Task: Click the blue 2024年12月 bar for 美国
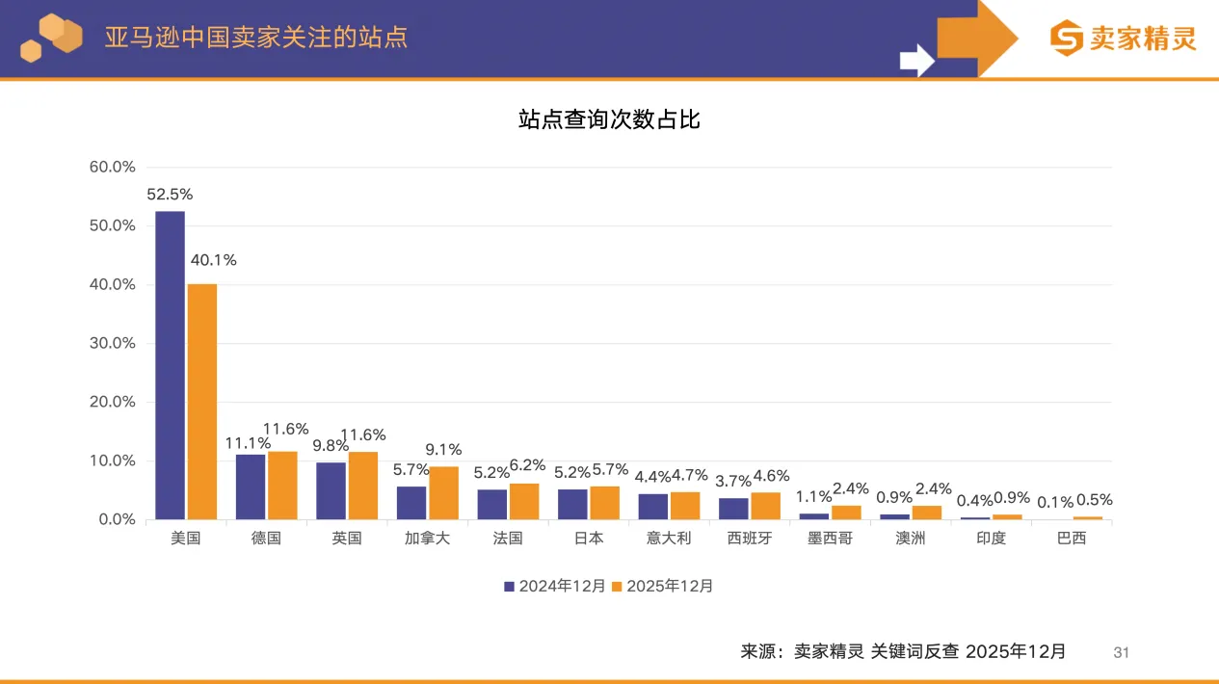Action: (170, 365)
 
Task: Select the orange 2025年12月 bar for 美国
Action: (202, 402)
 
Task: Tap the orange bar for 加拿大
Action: (444, 493)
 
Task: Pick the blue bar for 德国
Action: (251, 487)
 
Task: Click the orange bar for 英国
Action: (363, 486)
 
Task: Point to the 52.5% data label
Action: (170, 195)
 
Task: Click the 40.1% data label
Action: (213, 260)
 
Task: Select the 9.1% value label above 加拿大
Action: (444, 449)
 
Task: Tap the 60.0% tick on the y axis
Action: (112, 167)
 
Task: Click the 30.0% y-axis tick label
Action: (112, 343)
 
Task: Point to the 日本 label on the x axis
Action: (588, 539)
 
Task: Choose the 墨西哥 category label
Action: (830, 539)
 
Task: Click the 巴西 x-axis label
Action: (1072, 539)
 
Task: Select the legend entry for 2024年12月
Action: (555, 586)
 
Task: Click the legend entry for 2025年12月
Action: (663, 586)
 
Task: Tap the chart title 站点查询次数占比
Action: (609, 119)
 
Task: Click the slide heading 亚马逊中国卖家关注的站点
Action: (256, 37)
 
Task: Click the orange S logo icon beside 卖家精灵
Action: (1067, 39)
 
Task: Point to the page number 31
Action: (1121, 653)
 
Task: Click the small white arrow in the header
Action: (916, 60)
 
